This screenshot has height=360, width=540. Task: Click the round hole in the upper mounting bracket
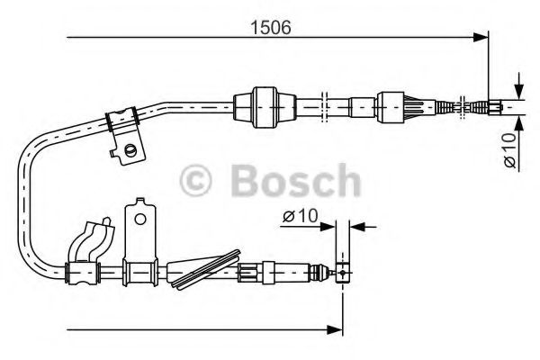(x=132, y=149)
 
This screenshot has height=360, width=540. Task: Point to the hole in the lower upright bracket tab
(x=139, y=217)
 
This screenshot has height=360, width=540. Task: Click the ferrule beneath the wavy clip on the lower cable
(x=85, y=270)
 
